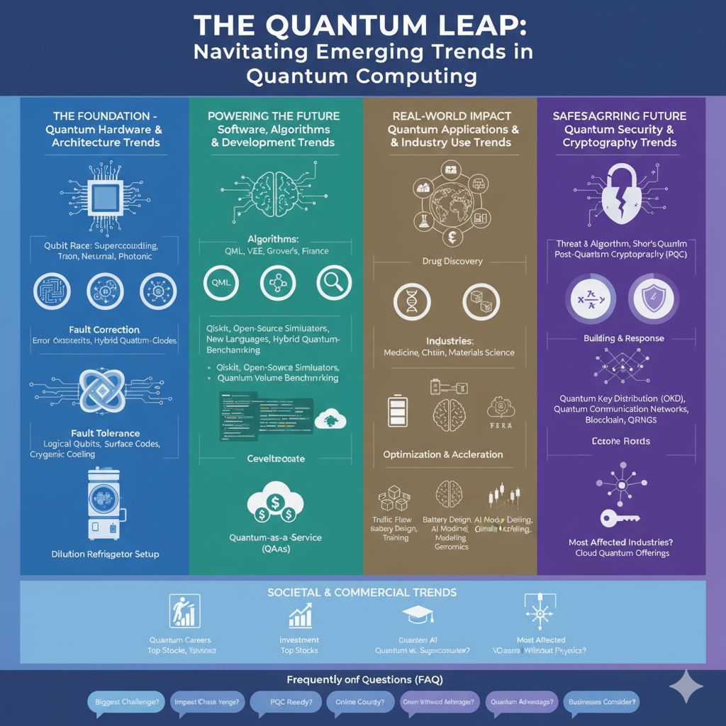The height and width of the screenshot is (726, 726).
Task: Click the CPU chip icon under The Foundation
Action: [104, 195]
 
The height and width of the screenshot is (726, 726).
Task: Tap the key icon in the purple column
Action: [618, 518]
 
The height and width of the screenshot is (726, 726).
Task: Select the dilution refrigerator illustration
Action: [104, 503]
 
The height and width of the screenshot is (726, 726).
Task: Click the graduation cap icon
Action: [414, 615]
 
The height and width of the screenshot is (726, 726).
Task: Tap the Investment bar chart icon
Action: [300, 615]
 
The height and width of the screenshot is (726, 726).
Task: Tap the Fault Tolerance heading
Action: [105, 433]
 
